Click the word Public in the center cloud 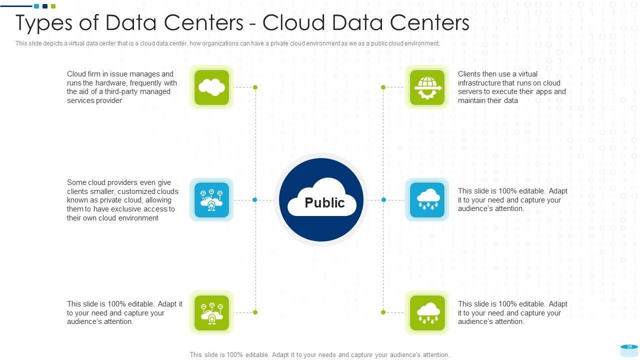[x=324, y=203]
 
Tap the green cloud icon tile [x=211, y=87]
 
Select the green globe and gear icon [x=427, y=87]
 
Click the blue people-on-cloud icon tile [x=211, y=200]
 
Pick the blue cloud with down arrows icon [x=427, y=200]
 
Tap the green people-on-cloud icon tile [x=211, y=313]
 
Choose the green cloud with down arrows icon [x=427, y=313]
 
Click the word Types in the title [x=44, y=23]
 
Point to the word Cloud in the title [x=293, y=22]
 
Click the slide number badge [x=629, y=350]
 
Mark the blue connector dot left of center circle [x=255, y=200]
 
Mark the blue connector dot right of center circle [x=383, y=200]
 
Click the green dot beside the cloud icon [x=255, y=87]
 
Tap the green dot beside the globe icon [x=383, y=87]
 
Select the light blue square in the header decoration [x=36, y=6]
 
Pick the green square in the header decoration [x=53, y=6]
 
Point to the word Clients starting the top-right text [x=468, y=74]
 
